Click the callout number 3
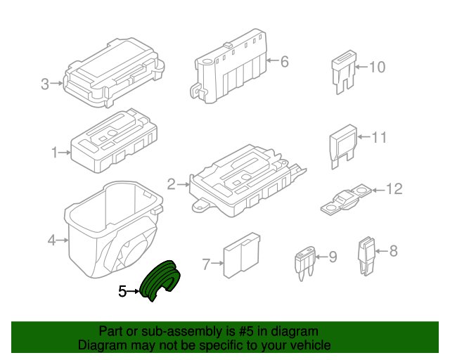pos(45,84)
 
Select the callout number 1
pos(54,152)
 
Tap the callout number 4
pos(51,241)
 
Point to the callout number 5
pos(122,290)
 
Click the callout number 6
pos(284,62)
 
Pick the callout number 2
pos(171,185)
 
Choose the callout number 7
pos(206,264)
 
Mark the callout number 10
pos(377,67)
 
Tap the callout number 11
pos(378,137)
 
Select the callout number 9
pos(332,257)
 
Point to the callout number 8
pos(393,250)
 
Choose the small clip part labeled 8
pos(365,253)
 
